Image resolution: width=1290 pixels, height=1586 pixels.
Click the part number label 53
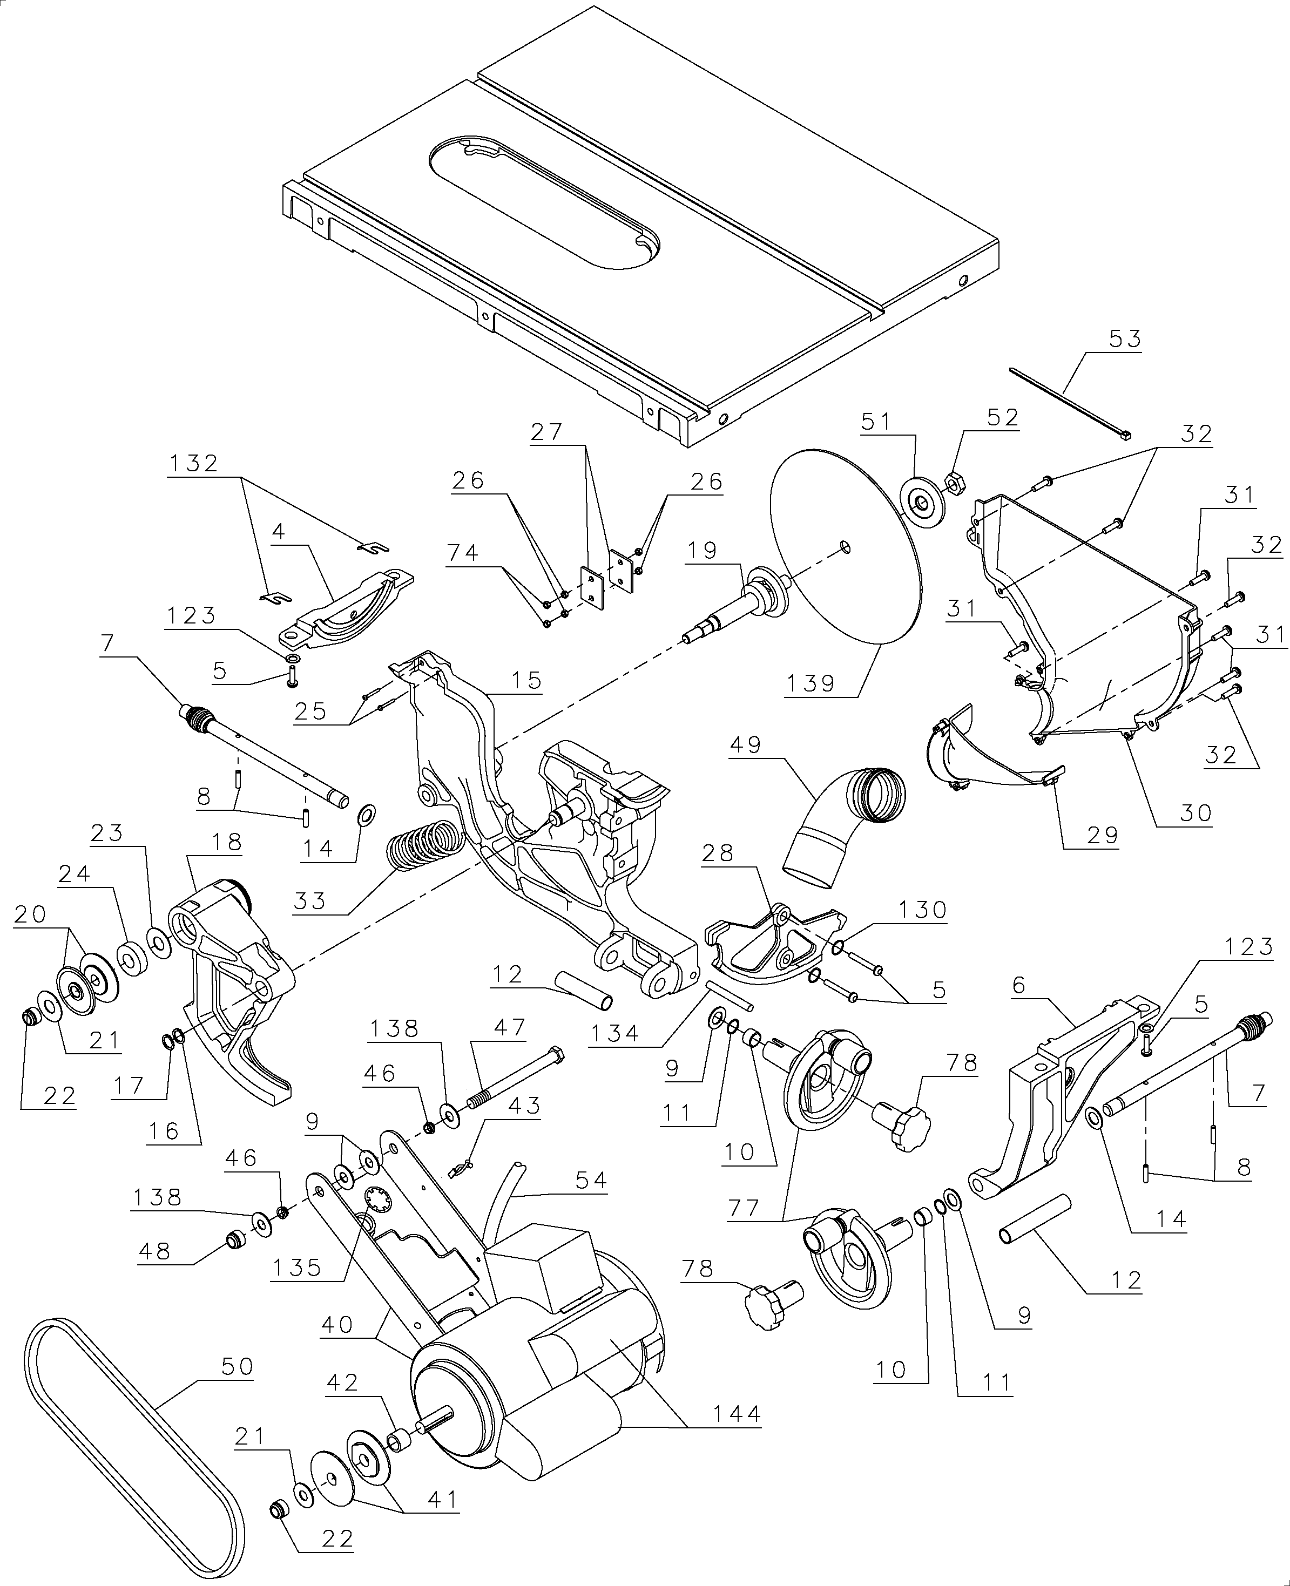tap(1125, 339)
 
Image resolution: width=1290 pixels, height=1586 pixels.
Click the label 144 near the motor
tap(735, 1414)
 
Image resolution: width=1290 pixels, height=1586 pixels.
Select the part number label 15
tap(526, 681)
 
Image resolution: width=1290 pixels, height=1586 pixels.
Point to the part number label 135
tap(297, 1268)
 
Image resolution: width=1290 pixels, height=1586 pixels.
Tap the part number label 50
tap(237, 1367)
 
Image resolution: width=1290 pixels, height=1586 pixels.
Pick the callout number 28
tap(718, 853)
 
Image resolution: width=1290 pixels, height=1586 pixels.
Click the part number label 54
tap(591, 1181)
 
